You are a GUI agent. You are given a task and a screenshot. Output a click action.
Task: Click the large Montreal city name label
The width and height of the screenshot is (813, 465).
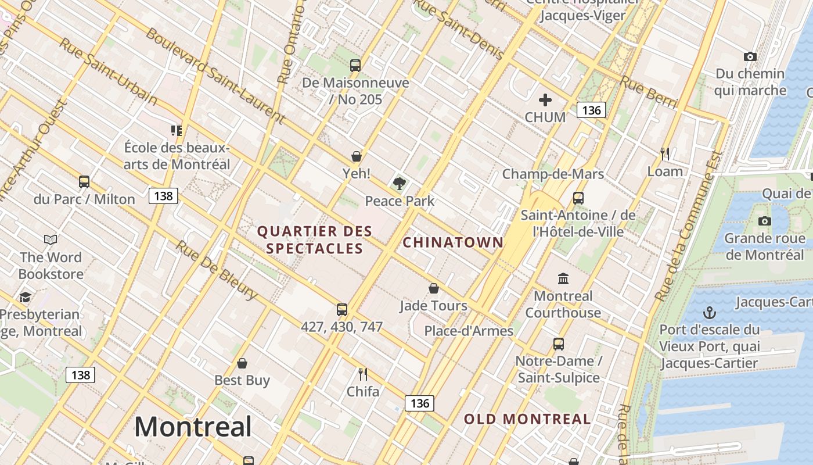[193, 427]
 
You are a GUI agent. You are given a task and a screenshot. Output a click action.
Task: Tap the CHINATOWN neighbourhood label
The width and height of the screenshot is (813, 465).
[453, 242]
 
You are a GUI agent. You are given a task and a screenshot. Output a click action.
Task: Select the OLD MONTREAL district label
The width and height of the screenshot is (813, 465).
[527, 419]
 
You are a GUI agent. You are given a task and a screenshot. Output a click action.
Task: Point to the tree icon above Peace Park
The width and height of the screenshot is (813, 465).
[399, 184]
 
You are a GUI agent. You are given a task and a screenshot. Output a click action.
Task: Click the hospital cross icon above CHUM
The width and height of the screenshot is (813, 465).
[545, 100]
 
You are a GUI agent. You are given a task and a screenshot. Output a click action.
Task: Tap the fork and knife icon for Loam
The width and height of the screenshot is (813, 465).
[665, 154]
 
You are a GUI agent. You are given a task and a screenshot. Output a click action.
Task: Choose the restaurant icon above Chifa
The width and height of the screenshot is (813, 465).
[363, 374]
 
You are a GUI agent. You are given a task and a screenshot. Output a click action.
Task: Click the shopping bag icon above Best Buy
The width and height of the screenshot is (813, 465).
[242, 363]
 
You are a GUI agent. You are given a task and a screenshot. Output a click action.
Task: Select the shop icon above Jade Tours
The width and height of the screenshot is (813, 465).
[434, 288]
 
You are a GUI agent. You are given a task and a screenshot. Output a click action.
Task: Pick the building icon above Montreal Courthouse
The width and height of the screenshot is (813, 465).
[563, 279]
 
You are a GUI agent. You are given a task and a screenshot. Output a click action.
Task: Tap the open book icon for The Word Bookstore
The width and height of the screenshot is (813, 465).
[51, 239]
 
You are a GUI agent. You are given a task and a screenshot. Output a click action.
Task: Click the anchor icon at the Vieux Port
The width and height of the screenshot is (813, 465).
[709, 313]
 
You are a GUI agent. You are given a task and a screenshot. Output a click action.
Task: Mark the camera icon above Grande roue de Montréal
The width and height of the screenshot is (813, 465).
[765, 221]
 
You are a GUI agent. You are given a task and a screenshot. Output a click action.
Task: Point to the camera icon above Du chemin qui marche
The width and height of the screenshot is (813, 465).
[750, 56]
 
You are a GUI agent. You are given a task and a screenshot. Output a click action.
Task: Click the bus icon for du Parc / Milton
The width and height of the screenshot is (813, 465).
[84, 182]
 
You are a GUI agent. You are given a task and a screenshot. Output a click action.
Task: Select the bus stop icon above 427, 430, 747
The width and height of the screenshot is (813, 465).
[342, 310]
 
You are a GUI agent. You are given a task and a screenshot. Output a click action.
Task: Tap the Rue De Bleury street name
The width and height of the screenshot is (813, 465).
[216, 270]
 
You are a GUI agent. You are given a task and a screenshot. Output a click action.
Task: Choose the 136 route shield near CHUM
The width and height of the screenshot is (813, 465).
[591, 110]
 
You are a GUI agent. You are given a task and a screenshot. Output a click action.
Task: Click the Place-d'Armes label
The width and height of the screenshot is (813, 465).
[469, 331]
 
